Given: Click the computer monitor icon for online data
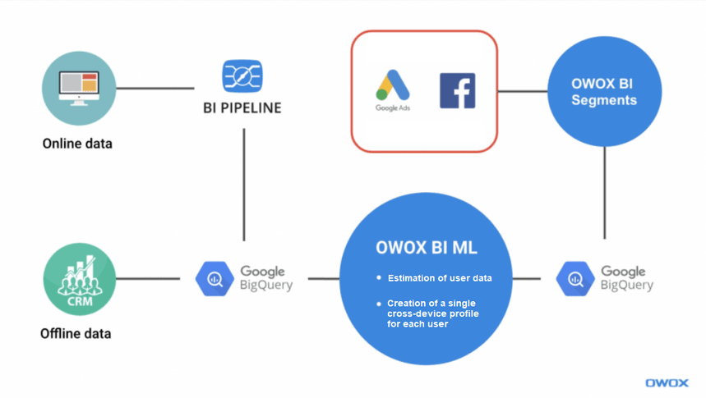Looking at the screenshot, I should click(x=79, y=88).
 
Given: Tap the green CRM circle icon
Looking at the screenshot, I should click(x=80, y=279).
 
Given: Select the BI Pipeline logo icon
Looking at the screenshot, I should click(x=242, y=76).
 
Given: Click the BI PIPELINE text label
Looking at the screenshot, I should click(x=242, y=108).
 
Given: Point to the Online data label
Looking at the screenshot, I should click(x=77, y=144).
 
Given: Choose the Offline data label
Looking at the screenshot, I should click(x=76, y=334).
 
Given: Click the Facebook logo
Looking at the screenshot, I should click(x=457, y=90).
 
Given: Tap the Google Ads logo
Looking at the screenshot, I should click(x=392, y=91).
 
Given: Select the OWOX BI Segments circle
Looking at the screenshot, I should click(x=604, y=91).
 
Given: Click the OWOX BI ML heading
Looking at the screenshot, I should click(x=426, y=247).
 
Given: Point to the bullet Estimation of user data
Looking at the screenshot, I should click(x=440, y=278).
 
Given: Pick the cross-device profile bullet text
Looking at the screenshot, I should click(x=433, y=313).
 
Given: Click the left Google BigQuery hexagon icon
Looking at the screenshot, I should click(x=215, y=279).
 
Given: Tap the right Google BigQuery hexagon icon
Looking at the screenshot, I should click(x=575, y=279).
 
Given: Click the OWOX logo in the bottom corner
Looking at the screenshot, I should click(x=667, y=382).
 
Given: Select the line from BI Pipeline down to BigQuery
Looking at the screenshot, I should click(x=244, y=185).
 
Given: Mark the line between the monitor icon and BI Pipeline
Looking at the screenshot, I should click(x=155, y=88).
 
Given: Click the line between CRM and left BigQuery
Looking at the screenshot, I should click(x=148, y=279).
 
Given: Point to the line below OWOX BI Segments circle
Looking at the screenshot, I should click(x=605, y=193).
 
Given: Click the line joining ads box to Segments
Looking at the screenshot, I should click(x=523, y=91).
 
